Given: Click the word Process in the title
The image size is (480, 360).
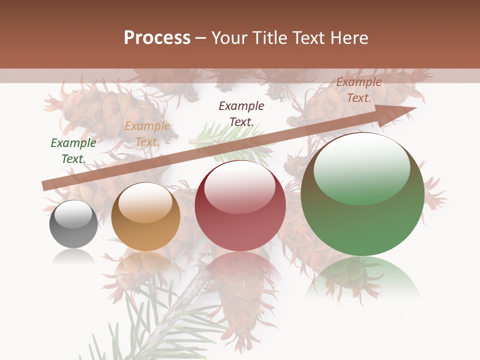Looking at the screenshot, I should (x=157, y=38).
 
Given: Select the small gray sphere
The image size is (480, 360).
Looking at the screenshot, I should (x=73, y=224).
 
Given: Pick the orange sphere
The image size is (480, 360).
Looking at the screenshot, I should (x=145, y=217).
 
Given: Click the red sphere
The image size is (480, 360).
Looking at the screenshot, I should (x=240, y=206).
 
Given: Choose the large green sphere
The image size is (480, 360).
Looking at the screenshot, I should (x=362, y=194).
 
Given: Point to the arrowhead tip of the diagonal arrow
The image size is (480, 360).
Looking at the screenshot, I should (x=415, y=108).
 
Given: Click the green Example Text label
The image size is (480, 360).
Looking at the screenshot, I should (x=73, y=151).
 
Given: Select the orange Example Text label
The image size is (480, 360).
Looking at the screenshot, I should (x=147, y=134).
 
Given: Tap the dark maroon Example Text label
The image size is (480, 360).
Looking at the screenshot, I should (x=241, y=113).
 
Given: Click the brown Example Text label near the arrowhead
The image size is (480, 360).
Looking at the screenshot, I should (x=359, y=90).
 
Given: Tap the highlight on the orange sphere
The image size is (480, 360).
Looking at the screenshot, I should (x=145, y=201).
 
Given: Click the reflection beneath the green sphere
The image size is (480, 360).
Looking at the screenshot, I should (x=362, y=277).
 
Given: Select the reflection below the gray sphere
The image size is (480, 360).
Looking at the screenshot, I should (x=73, y=257).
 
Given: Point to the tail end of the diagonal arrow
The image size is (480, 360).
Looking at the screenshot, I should (x=44, y=186).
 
